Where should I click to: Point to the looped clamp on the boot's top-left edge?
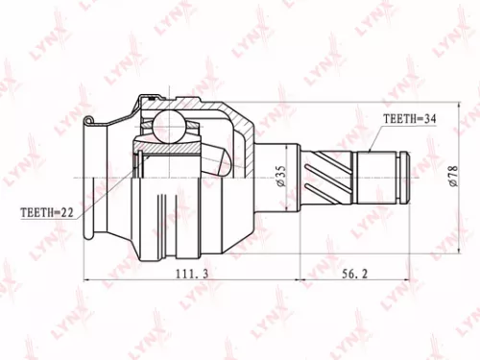89,122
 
